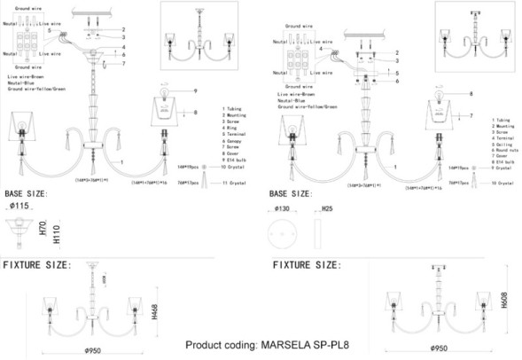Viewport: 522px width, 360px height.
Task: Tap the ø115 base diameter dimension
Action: [x=19, y=206]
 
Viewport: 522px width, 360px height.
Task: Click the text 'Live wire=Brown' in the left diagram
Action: [x=26, y=78]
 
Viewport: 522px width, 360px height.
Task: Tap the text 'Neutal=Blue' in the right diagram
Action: [x=293, y=99]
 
